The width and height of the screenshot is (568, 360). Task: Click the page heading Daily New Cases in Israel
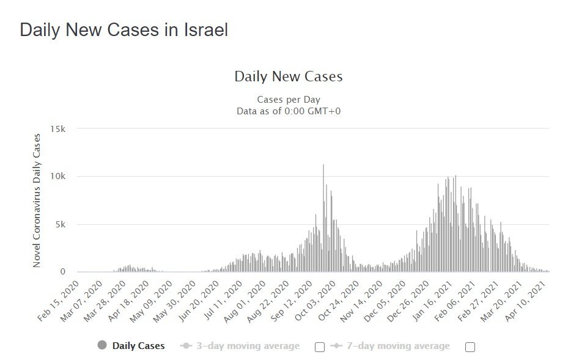click(x=124, y=30)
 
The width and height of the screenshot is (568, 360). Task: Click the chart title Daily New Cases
click(x=289, y=77)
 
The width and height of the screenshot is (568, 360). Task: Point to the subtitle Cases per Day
click(x=289, y=100)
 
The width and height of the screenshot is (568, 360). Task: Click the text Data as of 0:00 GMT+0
click(x=289, y=111)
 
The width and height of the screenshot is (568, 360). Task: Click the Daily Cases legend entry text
click(x=138, y=346)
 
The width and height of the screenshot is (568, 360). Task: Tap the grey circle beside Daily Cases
click(x=102, y=345)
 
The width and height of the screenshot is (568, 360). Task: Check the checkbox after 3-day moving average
click(x=319, y=347)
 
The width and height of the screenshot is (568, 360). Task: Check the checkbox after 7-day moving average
click(x=470, y=347)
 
